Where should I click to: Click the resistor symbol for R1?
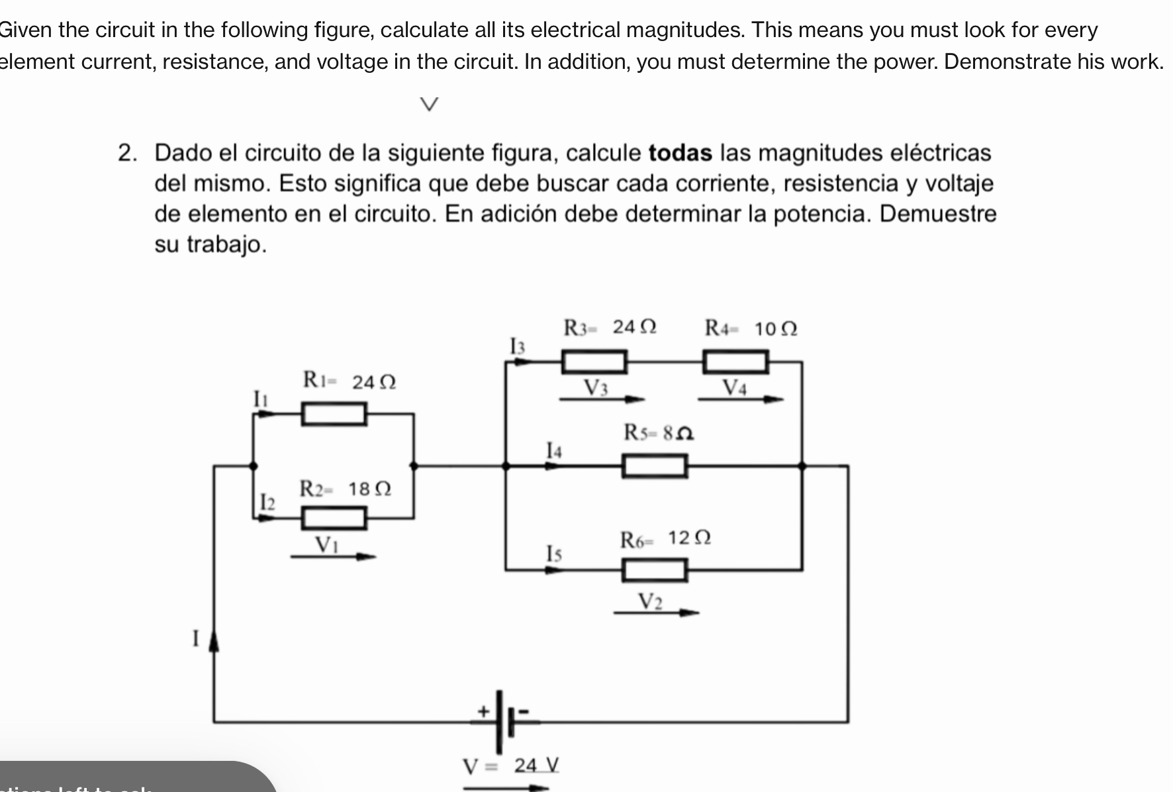click(334, 414)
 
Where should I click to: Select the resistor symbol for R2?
click(334, 518)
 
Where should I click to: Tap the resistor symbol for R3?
click(594, 362)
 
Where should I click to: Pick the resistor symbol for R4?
click(735, 362)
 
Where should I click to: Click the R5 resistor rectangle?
click(654, 466)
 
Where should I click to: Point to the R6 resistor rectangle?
click(654, 570)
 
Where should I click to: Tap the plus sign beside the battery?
click(484, 711)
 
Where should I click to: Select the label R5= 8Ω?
click(658, 433)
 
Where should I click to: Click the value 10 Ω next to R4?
click(776, 328)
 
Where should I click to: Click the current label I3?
click(517, 346)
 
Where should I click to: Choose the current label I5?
click(553, 553)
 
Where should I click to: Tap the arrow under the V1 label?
click(333, 557)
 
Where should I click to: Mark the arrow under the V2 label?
click(656, 613)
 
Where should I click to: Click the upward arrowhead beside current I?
click(214, 640)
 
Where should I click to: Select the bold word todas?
click(680, 153)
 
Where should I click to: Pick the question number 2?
click(127, 153)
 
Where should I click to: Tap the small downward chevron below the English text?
click(430, 104)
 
